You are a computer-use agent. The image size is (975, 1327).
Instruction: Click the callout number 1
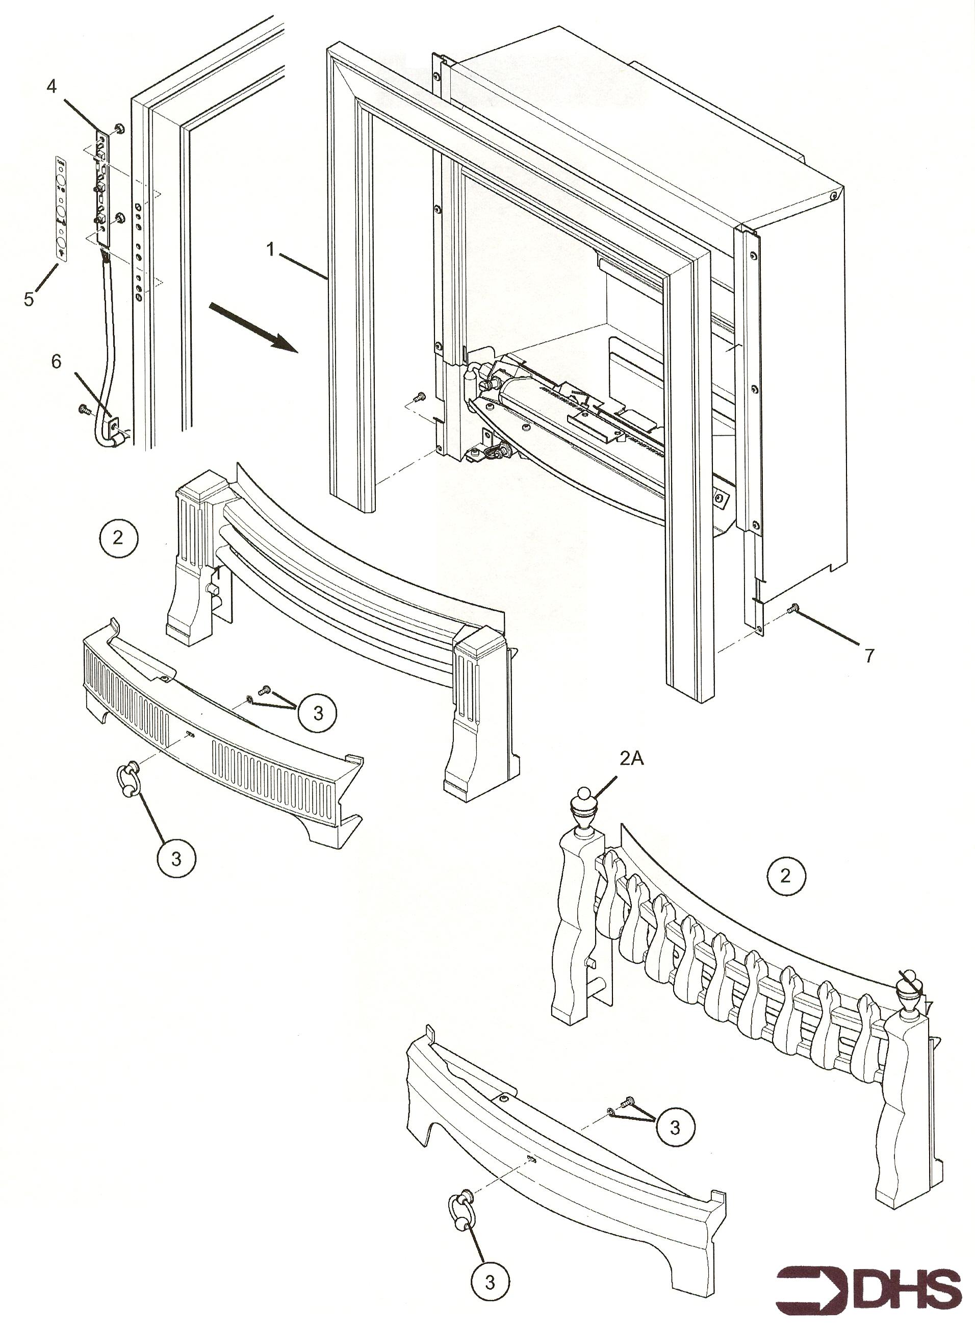click(270, 251)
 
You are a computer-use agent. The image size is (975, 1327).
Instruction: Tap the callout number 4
click(52, 86)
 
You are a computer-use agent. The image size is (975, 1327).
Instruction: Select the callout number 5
click(29, 299)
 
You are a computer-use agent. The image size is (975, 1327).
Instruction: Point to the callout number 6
click(56, 361)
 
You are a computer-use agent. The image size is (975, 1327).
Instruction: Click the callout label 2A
click(631, 759)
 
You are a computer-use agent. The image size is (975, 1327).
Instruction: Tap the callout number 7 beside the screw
click(869, 656)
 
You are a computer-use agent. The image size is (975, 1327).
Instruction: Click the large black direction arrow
click(253, 327)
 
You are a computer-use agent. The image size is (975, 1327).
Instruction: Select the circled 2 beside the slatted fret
click(117, 537)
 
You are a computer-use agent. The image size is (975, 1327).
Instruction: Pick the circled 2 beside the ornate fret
click(785, 875)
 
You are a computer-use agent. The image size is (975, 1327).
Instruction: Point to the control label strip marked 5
click(61, 207)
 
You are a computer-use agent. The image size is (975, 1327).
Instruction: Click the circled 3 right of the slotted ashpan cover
click(318, 713)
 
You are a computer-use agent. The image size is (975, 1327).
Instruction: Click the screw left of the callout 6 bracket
click(83, 408)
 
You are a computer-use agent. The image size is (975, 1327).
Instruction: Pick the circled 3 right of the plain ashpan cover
click(675, 1128)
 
